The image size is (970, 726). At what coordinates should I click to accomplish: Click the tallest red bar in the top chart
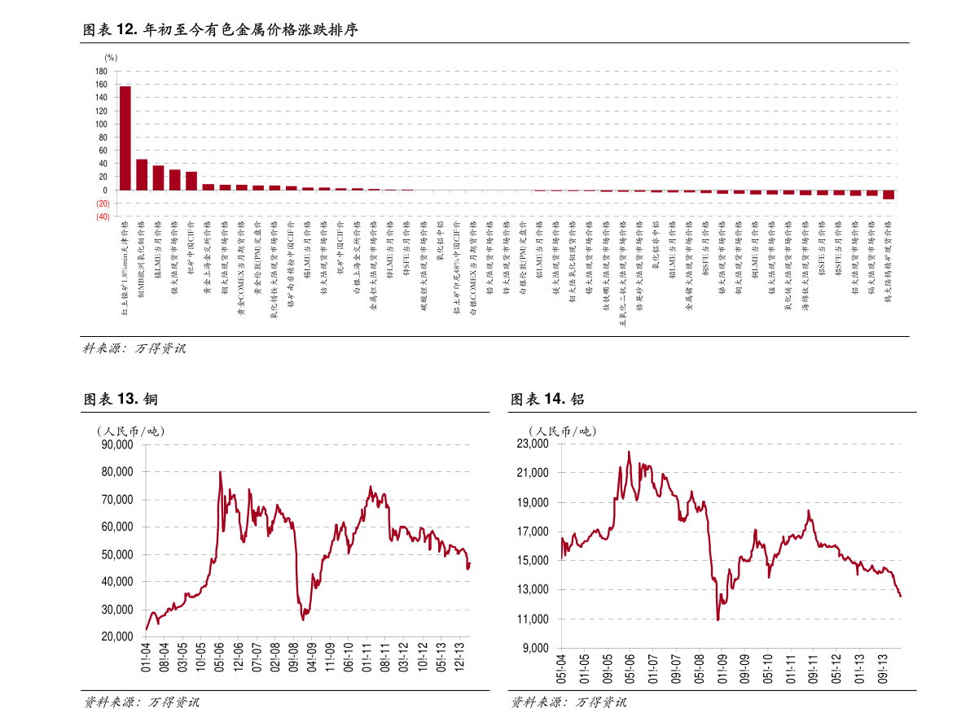[125, 138]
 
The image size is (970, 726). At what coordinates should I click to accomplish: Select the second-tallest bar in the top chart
[142, 174]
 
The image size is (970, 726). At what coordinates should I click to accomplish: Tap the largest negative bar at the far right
[889, 195]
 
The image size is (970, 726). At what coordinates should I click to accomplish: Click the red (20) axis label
[103, 203]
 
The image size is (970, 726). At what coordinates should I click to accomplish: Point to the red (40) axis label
[103, 217]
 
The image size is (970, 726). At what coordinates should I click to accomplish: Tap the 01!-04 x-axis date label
[146, 657]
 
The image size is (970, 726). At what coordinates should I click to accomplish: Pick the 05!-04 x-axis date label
[561, 667]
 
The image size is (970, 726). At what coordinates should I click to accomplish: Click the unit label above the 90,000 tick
[130, 431]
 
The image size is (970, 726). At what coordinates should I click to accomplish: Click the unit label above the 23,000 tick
[562, 431]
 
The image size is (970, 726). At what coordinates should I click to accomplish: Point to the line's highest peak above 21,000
[629, 452]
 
